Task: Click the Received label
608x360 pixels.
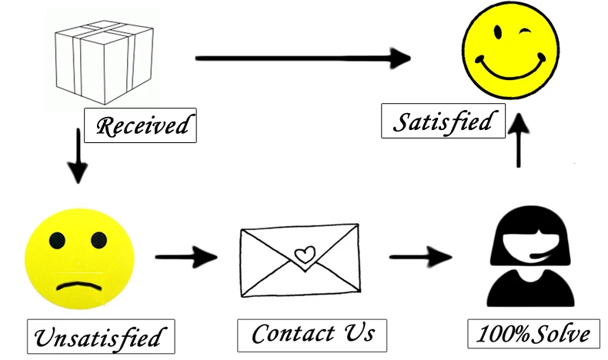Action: pyautogui.click(x=140, y=125)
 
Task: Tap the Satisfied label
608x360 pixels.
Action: pyautogui.click(x=443, y=122)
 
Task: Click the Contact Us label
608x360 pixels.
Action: pyautogui.click(x=313, y=333)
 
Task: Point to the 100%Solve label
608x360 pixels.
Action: pyautogui.click(x=533, y=334)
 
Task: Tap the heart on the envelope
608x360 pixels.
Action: pyautogui.click(x=306, y=254)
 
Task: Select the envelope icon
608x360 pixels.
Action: pyautogui.click(x=299, y=260)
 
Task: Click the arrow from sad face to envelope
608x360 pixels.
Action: pyautogui.click(x=187, y=256)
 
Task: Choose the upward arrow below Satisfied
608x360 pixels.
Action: pyautogui.click(x=521, y=138)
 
